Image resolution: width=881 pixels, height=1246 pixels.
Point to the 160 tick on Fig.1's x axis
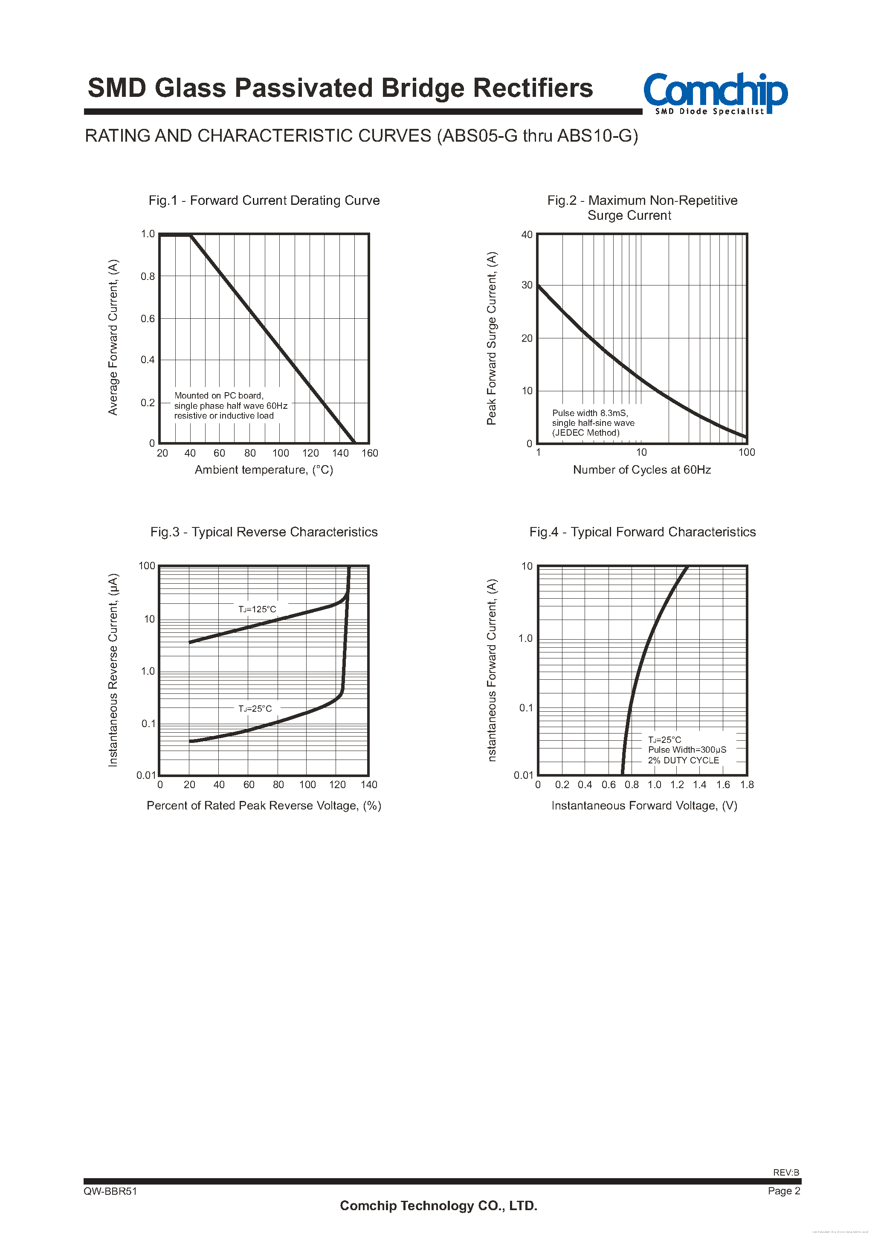point(369,453)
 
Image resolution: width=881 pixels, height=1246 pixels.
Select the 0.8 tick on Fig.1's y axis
point(148,276)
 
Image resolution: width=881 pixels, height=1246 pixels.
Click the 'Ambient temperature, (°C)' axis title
point(264,470)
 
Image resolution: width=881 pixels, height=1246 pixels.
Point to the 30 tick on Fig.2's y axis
point(527,285)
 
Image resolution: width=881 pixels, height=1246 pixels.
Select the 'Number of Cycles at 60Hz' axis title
point(642,470)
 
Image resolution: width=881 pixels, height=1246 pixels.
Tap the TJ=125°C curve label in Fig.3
point(257,609)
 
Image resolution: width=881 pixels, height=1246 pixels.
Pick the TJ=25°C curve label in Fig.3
point(255,709)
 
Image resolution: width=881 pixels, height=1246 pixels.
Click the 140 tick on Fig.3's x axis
point(369,785)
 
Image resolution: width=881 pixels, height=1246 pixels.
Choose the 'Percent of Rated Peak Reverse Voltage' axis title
point(264,806)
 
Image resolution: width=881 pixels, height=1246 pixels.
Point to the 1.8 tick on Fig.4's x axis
point(747,785)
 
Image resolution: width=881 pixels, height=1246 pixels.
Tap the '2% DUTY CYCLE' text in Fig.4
point(684,760)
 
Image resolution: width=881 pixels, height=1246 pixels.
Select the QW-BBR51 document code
point(110,1191)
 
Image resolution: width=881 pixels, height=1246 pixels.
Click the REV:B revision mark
point(786,1172)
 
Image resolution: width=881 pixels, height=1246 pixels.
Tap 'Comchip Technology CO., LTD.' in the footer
point(438,1205)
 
